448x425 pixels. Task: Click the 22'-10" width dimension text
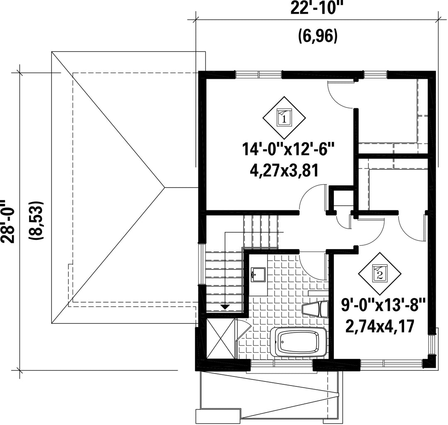[x=317, y=8]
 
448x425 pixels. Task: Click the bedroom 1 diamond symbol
[x=284, y=118]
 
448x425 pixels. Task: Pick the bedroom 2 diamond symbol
[x=380, y=274]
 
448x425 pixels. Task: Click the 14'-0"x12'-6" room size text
[x=288, y=149]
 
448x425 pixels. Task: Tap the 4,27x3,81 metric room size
[x=284, y=171]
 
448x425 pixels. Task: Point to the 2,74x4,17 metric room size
[x=380, y=326]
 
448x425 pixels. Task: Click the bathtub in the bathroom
[x=299, y=342]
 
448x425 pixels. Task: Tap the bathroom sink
[x=258, y=274]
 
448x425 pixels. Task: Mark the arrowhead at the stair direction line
[x=225, y=307]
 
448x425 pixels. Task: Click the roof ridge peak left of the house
[x=165, y=187]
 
